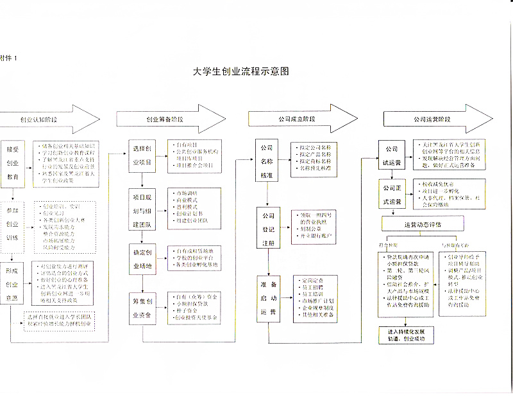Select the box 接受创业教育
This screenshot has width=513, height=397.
click(x=12, y=162)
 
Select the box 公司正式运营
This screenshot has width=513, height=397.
click(x=392, y=195)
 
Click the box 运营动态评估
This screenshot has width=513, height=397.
click(x=423, y=225)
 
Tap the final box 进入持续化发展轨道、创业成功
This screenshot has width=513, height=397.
click(x=410, y=335)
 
